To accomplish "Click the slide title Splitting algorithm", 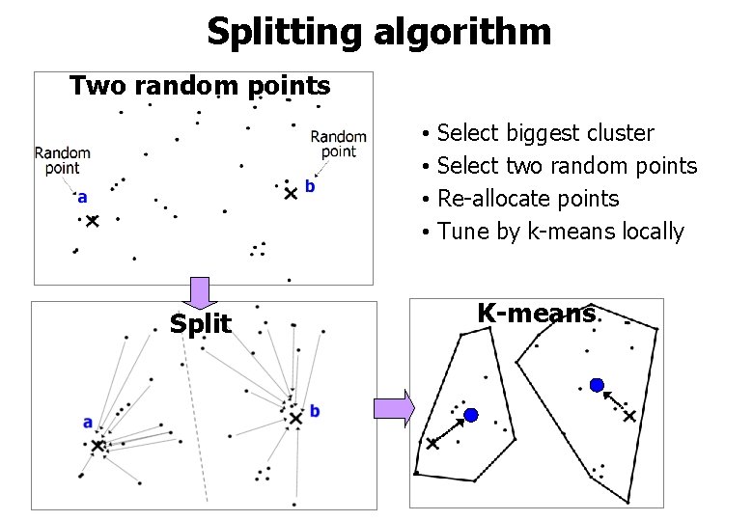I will pos(378,31).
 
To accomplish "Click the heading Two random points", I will pos(200,86).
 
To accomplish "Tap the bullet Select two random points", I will pos(567,166).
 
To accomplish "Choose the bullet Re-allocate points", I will pos(528,199).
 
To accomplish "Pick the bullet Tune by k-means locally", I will pos(560,232).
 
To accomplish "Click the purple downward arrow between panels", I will pos(200,292).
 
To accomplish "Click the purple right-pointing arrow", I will pos(394,409).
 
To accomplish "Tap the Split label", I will pos(201,323).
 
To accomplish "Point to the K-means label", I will pos(536,314).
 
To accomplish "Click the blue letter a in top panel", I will pos(82,198).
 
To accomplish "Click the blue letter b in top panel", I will pos(309,186).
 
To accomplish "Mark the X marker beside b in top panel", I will pos(291,193).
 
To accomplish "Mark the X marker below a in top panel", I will pos(92,221).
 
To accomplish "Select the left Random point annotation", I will pos(62,160).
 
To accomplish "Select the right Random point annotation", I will pos(338,144).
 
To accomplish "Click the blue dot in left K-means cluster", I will pos(471,415).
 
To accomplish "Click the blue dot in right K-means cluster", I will pos(597,385).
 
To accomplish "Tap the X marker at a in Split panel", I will pos(98,446).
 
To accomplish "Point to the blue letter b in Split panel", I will pos(315,412).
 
